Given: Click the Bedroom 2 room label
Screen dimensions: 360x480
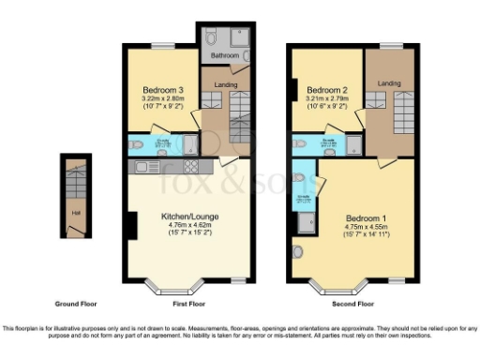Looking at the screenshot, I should [325, 79].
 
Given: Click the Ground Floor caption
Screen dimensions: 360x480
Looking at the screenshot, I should [76, 304].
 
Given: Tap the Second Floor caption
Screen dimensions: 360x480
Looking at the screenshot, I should [353, 304].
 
